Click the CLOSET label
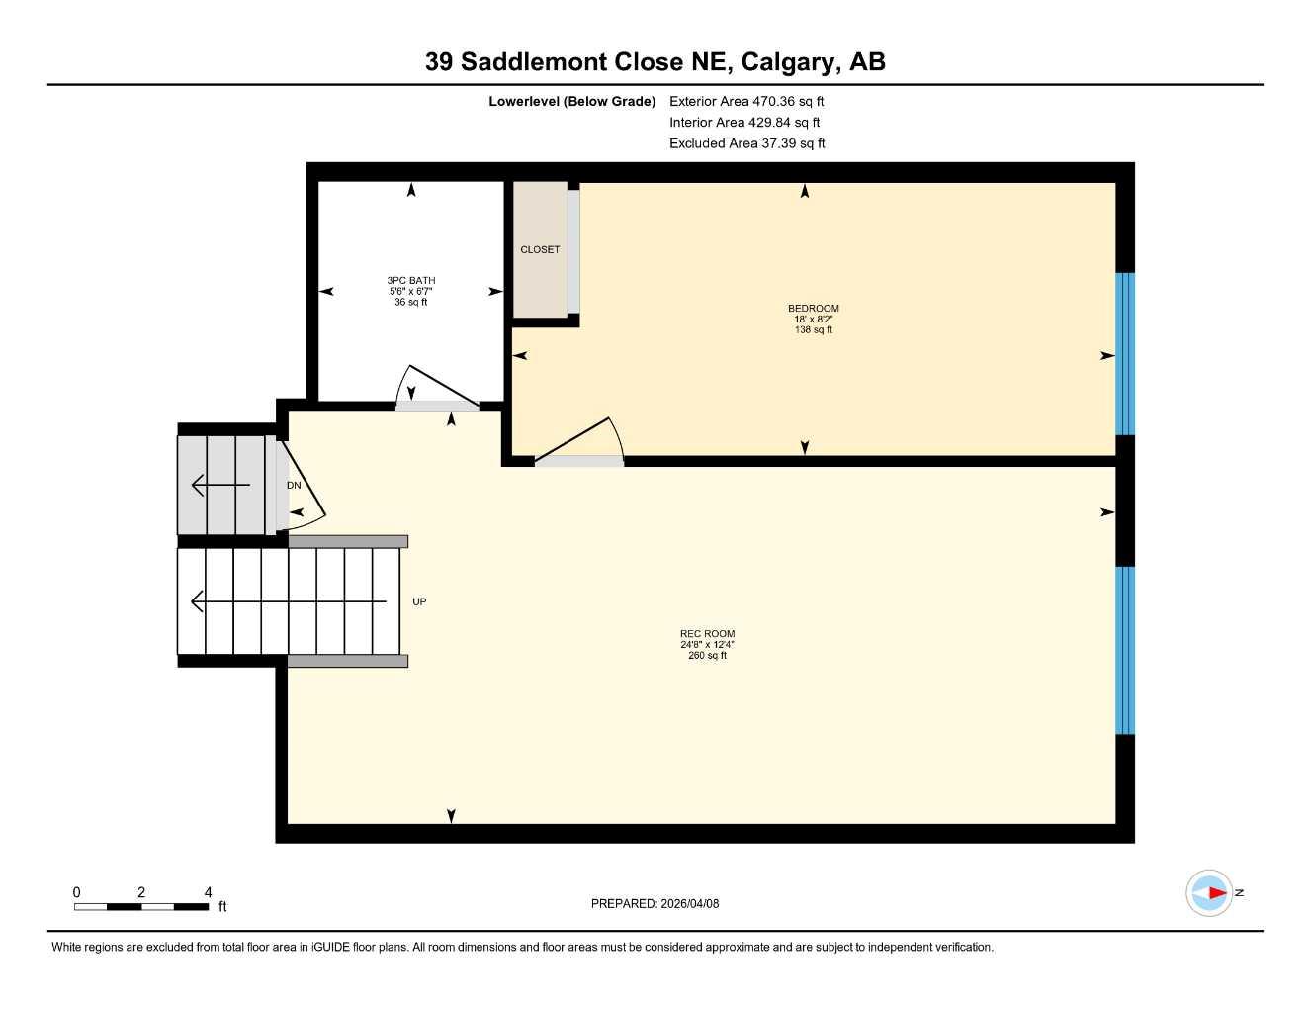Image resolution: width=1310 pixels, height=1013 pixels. (x=540, y=249)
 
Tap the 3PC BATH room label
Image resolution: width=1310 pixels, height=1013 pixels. (x=411, y=281)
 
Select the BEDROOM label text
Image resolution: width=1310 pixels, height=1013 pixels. (x=813, y=309)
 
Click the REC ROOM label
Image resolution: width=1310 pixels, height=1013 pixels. (x=707, y=634)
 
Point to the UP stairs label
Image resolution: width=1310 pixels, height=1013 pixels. (x=419, y=601)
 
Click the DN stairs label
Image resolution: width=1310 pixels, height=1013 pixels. (x=294, y=485)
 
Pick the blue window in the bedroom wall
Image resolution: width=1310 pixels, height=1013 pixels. (x=1125, y=354)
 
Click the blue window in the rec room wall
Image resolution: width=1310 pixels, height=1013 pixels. (x=1125, y=650)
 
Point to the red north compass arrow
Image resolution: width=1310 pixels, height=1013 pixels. (x=1215, y=893)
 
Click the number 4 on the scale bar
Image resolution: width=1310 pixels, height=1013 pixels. (x=208, y=892)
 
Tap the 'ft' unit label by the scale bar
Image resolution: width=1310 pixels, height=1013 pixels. (x=222, y=907)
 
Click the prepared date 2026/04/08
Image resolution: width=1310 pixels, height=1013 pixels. (x=690, y=903)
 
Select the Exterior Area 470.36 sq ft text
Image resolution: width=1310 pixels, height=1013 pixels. (x=746, y=101)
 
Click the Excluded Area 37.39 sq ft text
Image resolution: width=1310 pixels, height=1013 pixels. (x=746, y=143)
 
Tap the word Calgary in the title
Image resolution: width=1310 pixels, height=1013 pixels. (x=785, y=62)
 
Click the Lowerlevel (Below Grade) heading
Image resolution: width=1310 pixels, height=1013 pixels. (x=571, y=101)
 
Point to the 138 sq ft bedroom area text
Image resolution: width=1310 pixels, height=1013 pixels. (x=813, y=330)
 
